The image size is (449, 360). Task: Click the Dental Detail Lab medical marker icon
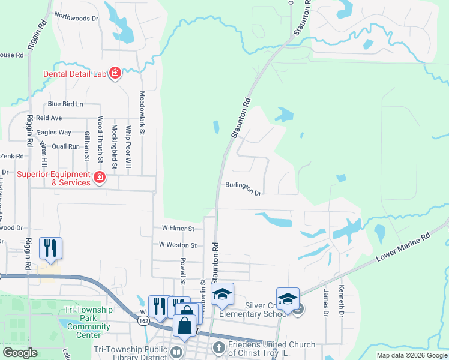point(115,74)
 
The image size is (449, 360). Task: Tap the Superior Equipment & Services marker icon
point(100,178)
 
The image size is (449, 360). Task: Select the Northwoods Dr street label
point(76,18)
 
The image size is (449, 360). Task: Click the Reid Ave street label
point(49,118)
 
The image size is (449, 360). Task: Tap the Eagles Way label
point(54,132)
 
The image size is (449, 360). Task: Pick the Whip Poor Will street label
point(128,141)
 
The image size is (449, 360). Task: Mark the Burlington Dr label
point(244,189)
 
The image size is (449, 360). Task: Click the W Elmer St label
point(178,229)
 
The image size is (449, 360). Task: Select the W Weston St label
point(178,245)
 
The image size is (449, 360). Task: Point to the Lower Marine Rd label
point(403,247)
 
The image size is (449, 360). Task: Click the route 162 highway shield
point(144,322)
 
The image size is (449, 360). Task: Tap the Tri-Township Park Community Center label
point(88,319)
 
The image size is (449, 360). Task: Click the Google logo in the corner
point(20,353)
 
